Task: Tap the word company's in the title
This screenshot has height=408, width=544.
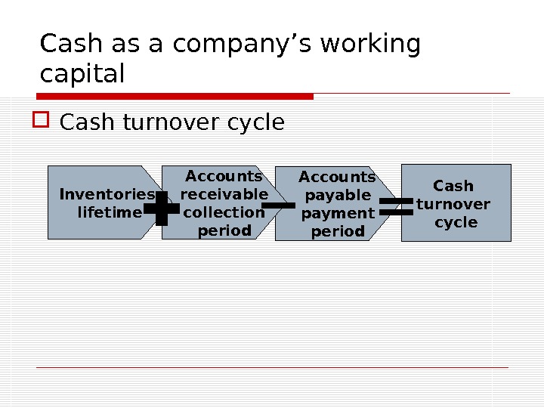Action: [234, 45]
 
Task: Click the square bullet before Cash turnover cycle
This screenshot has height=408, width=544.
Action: [43, 120]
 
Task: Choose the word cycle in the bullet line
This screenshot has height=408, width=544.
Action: [255, 122]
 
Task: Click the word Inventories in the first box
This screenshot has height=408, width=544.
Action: [107, 195]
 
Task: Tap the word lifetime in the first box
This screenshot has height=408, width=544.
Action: [110, 213]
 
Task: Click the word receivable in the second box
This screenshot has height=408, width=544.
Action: [224, 194]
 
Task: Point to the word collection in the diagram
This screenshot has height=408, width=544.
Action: [224, 212]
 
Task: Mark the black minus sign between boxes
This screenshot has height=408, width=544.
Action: [278, 205]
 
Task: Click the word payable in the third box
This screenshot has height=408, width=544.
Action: [338, 195]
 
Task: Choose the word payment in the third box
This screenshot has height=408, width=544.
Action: [338, 213]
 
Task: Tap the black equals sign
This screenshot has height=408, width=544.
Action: [395, 207]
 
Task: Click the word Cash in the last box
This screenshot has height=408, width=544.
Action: [453, 186]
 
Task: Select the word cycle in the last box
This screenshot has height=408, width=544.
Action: [456, 222]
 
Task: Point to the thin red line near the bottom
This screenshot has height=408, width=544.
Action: [272, 367]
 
